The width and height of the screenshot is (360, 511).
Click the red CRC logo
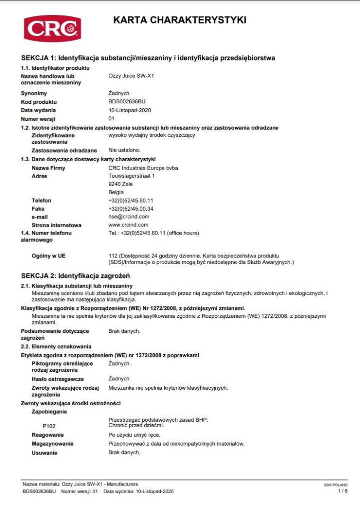click(52, 28)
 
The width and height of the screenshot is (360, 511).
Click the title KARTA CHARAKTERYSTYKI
click(180, 20)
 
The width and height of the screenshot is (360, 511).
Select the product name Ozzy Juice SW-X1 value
click(130, 76)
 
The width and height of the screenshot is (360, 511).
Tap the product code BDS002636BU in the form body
click(127, 101)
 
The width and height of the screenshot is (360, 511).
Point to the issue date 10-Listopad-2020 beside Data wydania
click(129, 110)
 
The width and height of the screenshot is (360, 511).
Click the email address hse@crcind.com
click(129, 217)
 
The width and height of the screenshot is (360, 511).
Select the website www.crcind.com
click(128, 225)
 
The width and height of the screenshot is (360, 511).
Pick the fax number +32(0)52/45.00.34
click(131, 209)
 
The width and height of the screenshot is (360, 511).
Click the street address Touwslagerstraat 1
click(131, 176)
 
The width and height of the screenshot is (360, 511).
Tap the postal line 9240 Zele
click(120, 184)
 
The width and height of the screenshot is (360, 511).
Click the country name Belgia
click(116, 192)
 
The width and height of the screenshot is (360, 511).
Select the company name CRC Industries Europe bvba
click(143, 168)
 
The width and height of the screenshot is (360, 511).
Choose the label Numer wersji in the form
click(38, 119)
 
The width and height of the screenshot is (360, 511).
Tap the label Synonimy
click(34, 93)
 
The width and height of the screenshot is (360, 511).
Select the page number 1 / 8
click(343, 491)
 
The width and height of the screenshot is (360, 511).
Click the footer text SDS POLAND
click(336, 485)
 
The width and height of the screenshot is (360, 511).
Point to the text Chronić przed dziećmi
click(136, 426)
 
